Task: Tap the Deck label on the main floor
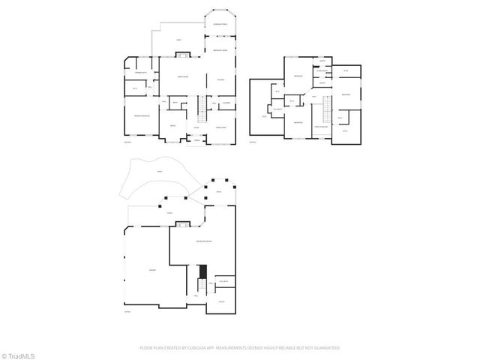178,40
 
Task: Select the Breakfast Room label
220,50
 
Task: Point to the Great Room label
182,77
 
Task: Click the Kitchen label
220,79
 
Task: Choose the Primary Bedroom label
142,116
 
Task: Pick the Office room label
172,125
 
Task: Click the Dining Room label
220,128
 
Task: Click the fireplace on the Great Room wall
182,54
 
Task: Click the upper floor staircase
328,110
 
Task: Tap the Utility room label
222,301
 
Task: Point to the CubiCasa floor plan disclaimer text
240,348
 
